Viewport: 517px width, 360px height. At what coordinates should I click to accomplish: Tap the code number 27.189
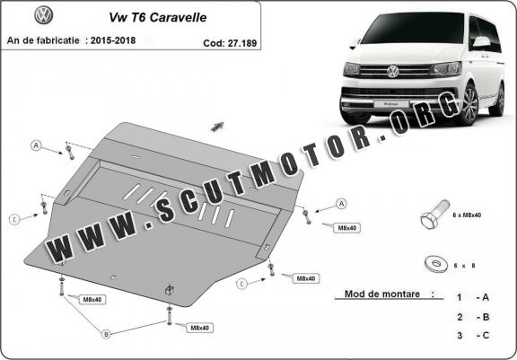click(x=238, y=41)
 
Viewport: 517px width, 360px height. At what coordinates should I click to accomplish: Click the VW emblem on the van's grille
click(x=392, y=71)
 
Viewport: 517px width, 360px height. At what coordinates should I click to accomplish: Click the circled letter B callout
click(x=106, y=334)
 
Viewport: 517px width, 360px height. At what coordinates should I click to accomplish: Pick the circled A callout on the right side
click(x=342, y=203)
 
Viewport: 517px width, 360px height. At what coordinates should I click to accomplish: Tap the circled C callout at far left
click(x=14, y=218)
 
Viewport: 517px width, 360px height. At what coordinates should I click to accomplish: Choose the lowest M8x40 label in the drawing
click(x=199, y=328)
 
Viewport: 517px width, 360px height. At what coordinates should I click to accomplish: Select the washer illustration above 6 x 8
click(x=435, y=264)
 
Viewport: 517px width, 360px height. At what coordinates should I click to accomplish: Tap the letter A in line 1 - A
click(x=486, y=296)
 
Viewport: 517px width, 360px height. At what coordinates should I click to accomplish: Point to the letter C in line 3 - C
click(x=486, y=335)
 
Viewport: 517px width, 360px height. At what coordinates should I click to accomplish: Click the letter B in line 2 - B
click(x=486, y=316)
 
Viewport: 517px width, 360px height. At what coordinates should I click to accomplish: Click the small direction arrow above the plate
click(x=216, y=127)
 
